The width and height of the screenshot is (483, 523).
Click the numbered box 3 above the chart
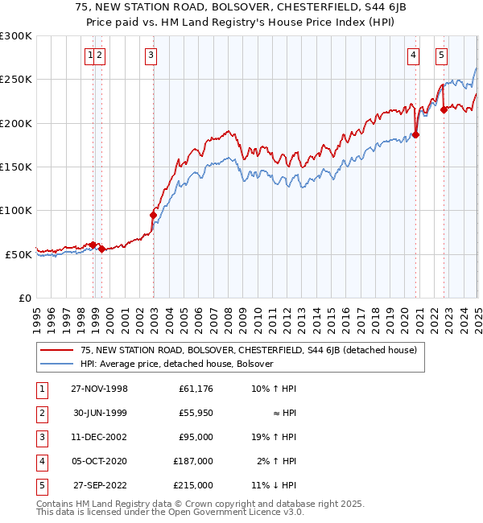click(x=151, y=56)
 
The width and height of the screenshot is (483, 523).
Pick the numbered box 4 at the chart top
click(x=413, y=56)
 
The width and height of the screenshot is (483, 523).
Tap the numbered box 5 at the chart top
click(x=442, y=56)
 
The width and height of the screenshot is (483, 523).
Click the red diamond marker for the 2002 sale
click(x=153, y=215)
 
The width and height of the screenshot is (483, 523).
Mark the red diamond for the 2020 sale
click(x=416, y=134)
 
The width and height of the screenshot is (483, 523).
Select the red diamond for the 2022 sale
click(x=444, y=110)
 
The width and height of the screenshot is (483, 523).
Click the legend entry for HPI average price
click(x=177, y=364)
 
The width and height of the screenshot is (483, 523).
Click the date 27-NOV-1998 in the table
click(x=99, y=389)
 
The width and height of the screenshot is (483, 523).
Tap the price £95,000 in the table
click(x=196, y=437)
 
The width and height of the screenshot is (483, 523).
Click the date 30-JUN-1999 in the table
click(x=99, y=413)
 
